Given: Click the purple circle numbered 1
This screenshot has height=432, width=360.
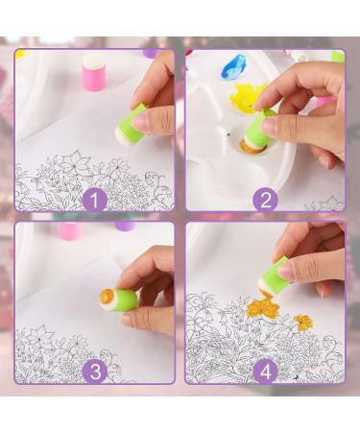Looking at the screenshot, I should tap(93, 199).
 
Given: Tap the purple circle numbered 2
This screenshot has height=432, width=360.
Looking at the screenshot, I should tap(266, 199).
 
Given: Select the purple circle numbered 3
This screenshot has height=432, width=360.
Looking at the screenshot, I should tap(93, 370).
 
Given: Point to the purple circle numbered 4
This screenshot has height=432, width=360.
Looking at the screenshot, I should tap(266, 370).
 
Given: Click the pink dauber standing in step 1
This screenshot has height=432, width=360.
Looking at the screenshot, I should tap(93, 72).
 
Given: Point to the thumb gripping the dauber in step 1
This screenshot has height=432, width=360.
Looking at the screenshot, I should tap(144, 121).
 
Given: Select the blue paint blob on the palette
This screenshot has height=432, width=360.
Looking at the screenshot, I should tap(233, 66).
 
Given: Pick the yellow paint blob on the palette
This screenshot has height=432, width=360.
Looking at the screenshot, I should tap(249, 96).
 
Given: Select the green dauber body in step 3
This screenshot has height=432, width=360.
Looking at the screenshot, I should tap(124, 298).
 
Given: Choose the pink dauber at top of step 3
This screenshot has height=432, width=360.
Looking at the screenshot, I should tap(69, 230).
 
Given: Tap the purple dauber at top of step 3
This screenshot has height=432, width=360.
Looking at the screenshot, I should tap(125, 227).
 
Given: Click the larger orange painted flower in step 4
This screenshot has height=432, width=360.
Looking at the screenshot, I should tap(261, 306).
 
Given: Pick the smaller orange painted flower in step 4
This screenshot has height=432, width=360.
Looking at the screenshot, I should tap(303, 323).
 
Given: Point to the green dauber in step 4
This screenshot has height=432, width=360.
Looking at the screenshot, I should tap(276, 276).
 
